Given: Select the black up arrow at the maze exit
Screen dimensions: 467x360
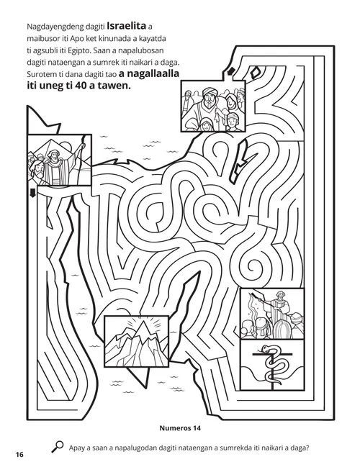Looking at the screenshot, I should pos(231,71).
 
